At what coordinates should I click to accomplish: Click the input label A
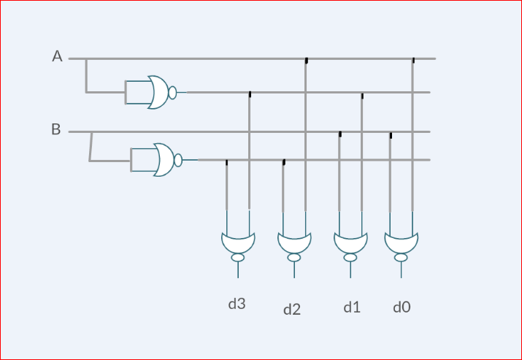57,56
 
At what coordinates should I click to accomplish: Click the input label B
56,130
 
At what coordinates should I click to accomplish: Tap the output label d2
292,310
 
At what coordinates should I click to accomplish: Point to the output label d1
352,307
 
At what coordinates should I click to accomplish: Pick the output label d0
402,307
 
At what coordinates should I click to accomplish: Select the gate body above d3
238,242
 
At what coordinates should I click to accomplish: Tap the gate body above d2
294,242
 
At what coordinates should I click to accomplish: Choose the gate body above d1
350,242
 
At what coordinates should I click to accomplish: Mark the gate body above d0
401,242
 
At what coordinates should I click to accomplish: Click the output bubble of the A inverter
172,92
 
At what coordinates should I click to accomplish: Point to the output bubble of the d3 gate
238,258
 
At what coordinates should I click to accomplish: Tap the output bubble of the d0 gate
401,258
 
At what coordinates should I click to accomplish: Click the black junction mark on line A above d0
413,61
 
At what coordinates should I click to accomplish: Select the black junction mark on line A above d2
306,61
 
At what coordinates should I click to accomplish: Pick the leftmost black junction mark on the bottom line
226,162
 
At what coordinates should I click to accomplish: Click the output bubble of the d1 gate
350,258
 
